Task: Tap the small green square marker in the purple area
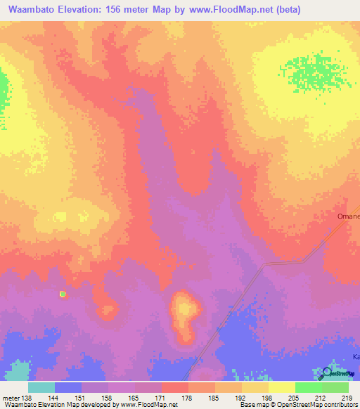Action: coord(63,294)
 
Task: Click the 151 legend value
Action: coord(82,398)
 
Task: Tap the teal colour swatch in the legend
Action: coord(41,387)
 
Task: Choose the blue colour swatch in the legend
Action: coord(68,387)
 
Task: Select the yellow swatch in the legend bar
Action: coord(281,387)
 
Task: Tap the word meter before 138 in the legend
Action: coord(11,398)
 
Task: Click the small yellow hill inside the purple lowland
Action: coord(185,309)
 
